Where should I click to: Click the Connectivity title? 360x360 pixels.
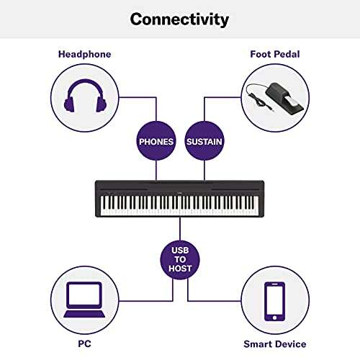point(179,19)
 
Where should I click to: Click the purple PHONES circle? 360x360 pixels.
point(156,141)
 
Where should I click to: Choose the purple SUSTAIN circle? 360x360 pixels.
point(204,141)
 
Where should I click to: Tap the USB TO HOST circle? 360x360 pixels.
point(180,257)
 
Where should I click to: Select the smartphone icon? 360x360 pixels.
point(274,301)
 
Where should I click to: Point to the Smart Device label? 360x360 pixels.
point(274,344)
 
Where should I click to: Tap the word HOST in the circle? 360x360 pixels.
point(180,268)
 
